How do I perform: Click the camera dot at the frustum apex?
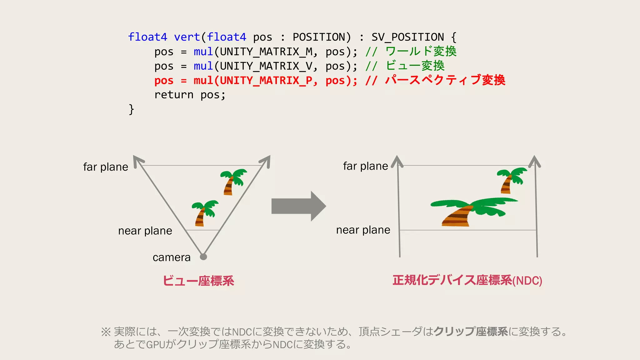click(203, 257)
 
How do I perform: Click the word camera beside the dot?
click(172, 257)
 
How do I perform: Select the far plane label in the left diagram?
click(106, 167)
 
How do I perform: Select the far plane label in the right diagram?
click(365, 166)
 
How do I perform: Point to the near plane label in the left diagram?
click(145, 231)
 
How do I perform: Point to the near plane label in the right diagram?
click(363, 230)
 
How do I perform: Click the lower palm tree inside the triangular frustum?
click(204, 213)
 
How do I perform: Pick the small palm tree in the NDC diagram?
click(511, 180)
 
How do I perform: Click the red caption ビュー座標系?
click(198, 281)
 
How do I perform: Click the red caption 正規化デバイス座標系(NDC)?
click(467, 280)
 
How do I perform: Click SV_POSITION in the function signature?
click(407, 37)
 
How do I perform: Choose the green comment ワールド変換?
click(421, 51)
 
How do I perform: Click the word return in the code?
click(174, 95)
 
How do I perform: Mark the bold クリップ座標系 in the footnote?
click(471, 331)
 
